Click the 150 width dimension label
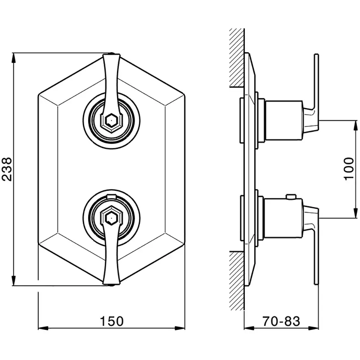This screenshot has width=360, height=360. pos(112,321)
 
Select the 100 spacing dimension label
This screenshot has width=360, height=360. pos(349,169)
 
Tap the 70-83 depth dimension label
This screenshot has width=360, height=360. pos(281,321)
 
